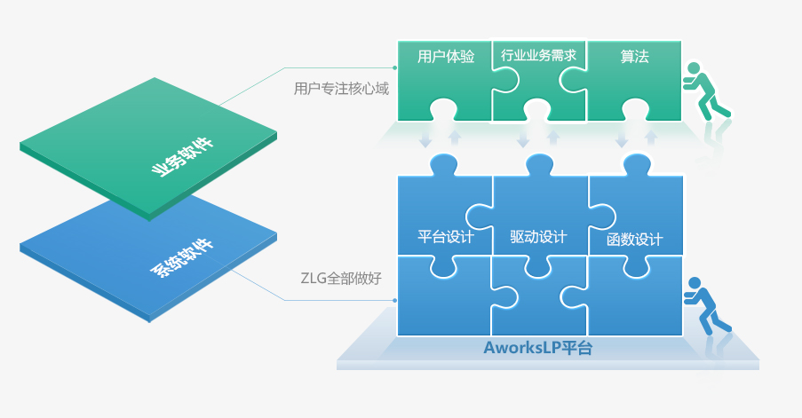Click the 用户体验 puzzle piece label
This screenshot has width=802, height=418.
[446, 57]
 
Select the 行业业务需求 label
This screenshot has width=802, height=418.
[539, 56]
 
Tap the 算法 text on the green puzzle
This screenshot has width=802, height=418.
[634, 57]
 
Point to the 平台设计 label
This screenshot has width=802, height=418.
[446, 237]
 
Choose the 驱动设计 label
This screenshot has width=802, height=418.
[539, 237]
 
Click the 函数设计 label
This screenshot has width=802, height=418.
[634, 240]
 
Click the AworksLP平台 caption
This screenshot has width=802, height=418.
[538, 348]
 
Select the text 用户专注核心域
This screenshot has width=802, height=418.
[341, 89]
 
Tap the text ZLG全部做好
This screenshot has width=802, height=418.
[341, 278]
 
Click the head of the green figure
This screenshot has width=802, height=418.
[695, 70]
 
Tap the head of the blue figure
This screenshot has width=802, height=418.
[695, 285]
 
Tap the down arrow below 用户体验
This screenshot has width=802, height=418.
[425, 139]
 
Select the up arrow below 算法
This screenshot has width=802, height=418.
[651, 138]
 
